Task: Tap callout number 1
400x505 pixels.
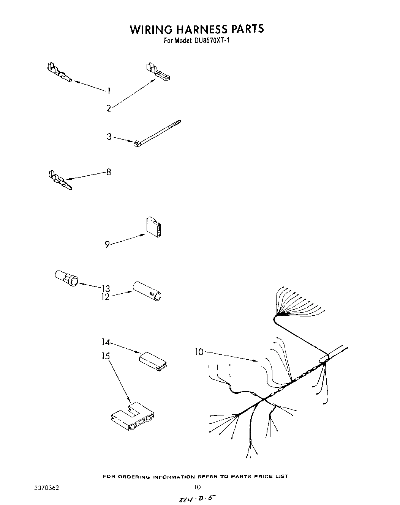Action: (x=109, y=91)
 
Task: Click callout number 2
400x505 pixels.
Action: (x=109, y=109)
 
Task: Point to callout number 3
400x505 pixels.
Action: (x=109, y=137)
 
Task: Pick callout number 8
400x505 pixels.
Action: (x=109, y=172)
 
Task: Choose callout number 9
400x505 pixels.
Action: (x=107, y=245)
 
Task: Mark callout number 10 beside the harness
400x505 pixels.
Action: (x=199, y=352)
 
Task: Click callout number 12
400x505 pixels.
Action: (x=105, y=297)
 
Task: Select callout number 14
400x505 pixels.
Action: (x=106, y=342)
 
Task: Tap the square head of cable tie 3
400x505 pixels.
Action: (x=136, y=143)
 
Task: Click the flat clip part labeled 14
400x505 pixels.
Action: (x=154, y=361)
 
